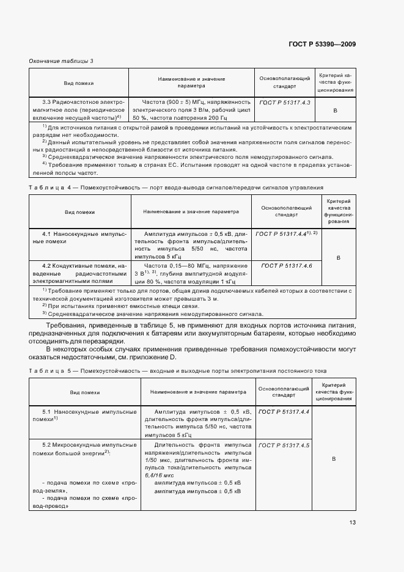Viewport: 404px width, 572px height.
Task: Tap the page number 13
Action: [x=353, y=522]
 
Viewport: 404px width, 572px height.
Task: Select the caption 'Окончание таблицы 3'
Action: [x=61, y=61]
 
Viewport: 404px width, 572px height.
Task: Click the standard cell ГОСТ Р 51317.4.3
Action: [x=285, y=102]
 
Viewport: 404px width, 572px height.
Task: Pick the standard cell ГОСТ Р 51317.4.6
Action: [x=286, y=266]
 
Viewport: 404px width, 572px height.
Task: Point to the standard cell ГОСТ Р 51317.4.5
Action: [x=284, y=446]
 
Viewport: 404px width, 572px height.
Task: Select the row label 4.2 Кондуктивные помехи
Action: [x=77, y=273]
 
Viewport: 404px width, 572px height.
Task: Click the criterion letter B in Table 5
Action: [x=333, y=458]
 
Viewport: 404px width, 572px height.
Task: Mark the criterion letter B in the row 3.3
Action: [x=335, y=110]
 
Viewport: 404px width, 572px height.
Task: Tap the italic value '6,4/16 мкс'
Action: [x=160, y=475]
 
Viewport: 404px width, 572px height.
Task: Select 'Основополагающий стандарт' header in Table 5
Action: [x=284, y=392]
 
